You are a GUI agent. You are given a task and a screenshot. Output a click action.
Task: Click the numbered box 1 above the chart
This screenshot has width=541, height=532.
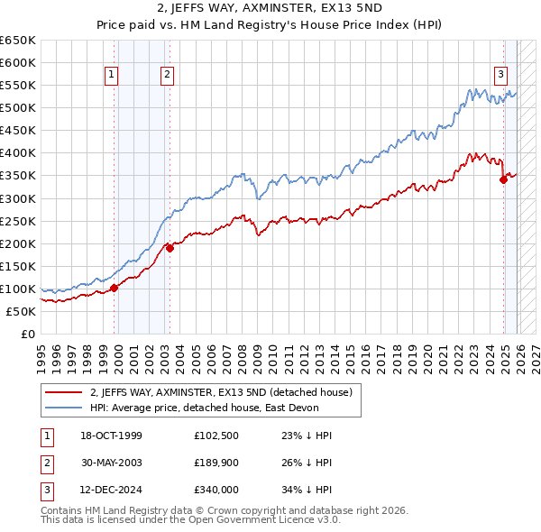point(112,76)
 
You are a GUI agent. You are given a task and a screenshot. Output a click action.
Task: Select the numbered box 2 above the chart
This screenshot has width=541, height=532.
point(168,76)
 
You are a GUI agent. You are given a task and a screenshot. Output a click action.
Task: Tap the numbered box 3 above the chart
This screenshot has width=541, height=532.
point(500,76)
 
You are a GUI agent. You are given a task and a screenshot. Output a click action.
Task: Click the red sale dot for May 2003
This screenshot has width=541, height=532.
point(170,248)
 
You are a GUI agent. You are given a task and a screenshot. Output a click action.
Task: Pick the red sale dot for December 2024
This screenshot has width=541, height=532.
point(503,179)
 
